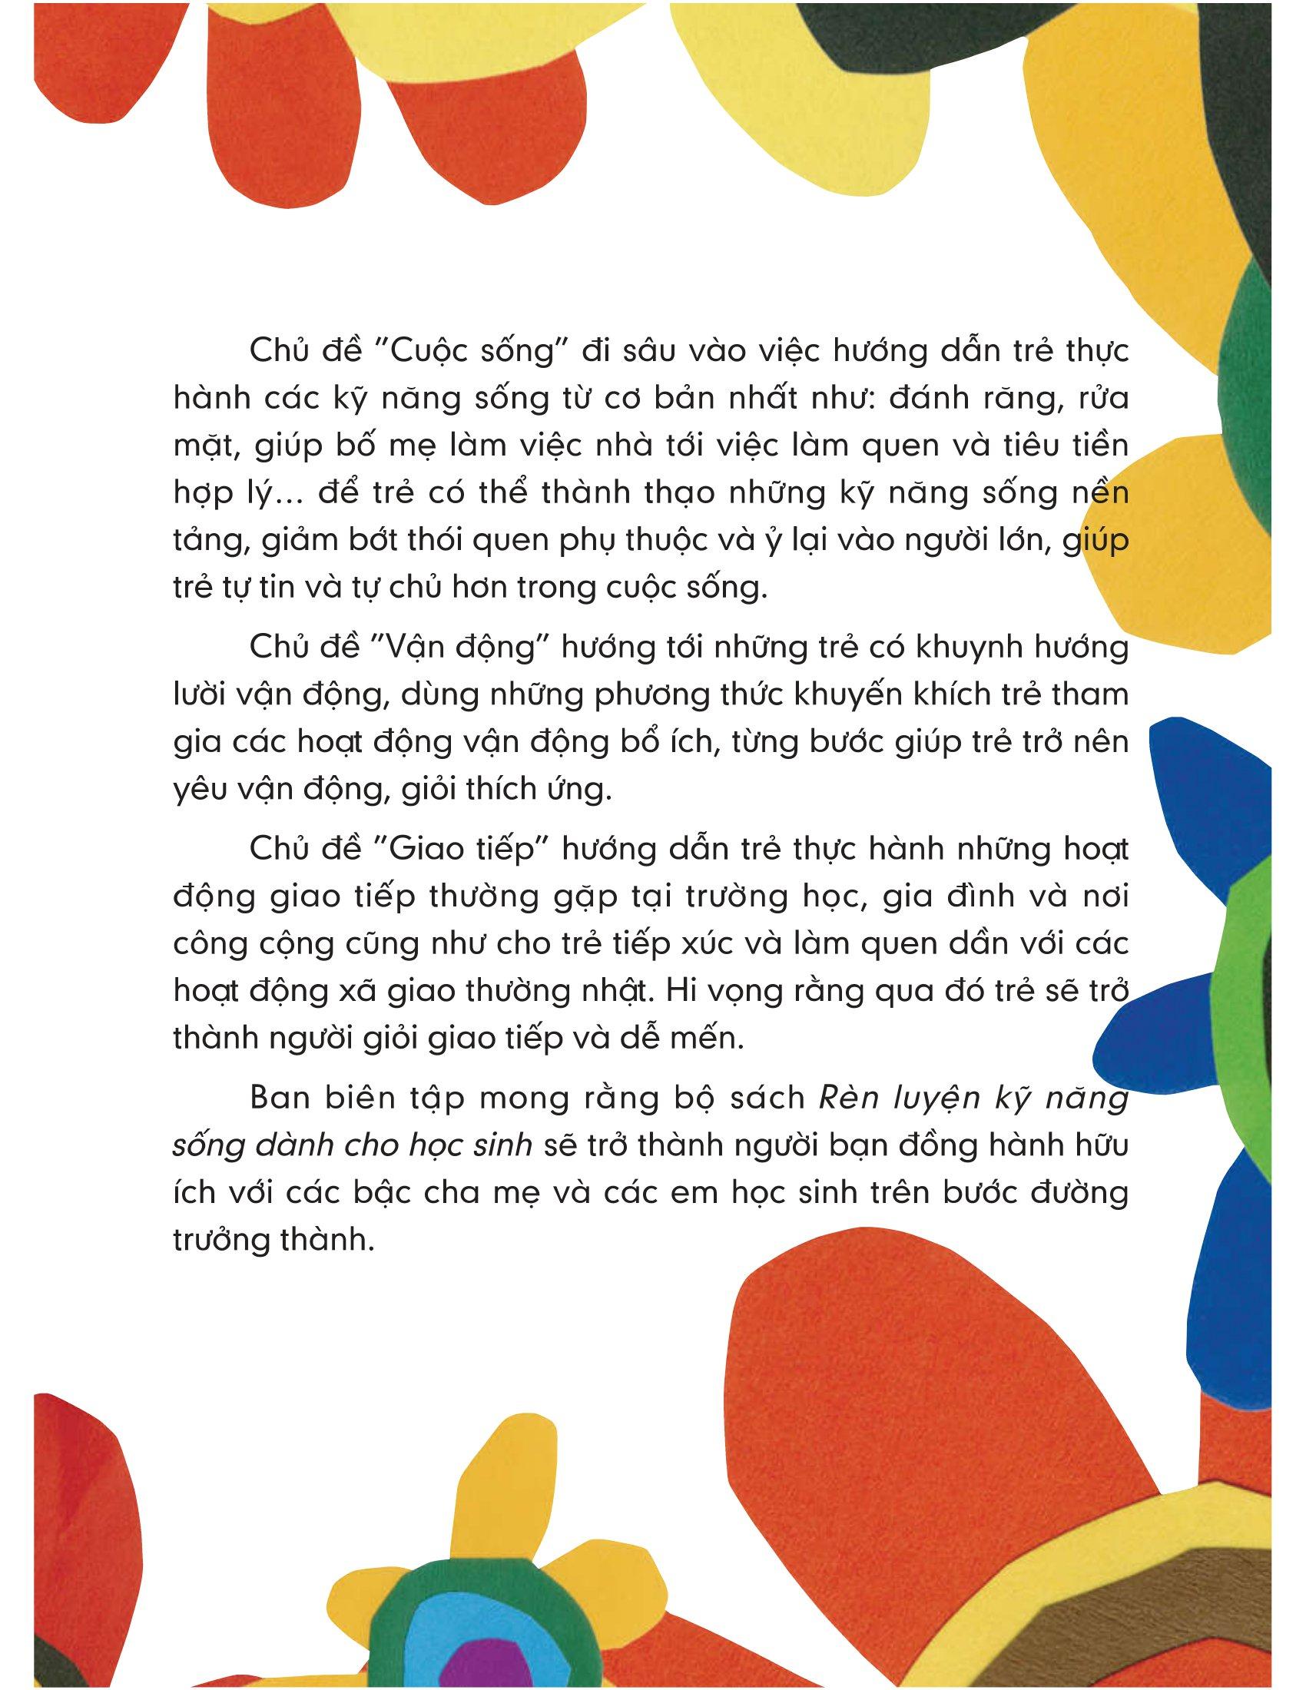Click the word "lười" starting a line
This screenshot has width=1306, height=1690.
pos(203,694)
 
